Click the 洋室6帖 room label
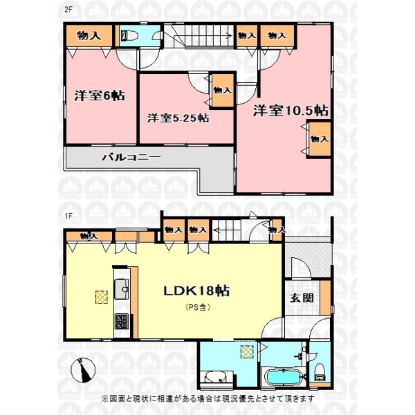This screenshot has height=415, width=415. pyautogui.click(x=100, y=95)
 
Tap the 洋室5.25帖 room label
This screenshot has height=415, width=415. pyautogui.click(x=178, y=118)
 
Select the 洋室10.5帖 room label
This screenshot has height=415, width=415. pyautogui.click(x=290, y=111)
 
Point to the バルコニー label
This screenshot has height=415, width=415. pyautogui.click(x=131, y=158)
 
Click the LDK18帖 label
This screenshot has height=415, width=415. pyautogui.click(x=196, y=291)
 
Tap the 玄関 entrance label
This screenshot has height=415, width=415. pyautogui.click(x=302, y=298)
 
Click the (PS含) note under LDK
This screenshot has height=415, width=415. pyautogui.click(x=198, y=307)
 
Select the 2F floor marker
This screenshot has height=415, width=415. pyautogui.click(x=68, y=10)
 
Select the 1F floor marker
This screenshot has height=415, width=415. pyautogui.click(x=68, y=216)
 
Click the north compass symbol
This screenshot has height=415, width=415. pyautogui.click(x=83, y=370)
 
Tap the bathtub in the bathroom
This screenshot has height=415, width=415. pyautogui.click(x=284, y=377)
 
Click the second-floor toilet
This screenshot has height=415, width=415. pyautogui.click(x=129, y=36)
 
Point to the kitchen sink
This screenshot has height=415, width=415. pyautogui.click(x=122, y=289)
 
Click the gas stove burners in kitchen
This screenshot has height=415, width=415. pyautogui.click(x=122, y=322)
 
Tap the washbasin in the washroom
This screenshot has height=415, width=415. pyautogui.click(x=216, y=377)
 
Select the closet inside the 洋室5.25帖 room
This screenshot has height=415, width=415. pyautogui.click(x=222, y=91)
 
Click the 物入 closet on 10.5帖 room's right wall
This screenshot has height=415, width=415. pyautogui.click(x=319, y=139)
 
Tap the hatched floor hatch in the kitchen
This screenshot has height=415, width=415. pyautogui.click(x=102, y=297)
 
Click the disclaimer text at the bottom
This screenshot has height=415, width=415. pyautogui.click(x=207, y=398)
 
